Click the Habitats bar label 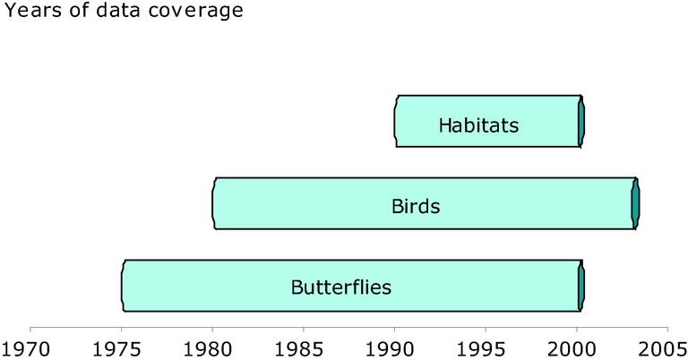coord(478,125)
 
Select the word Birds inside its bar coord(416,206)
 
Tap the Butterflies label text coord(341,287)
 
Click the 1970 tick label coord(26,349)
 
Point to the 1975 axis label coord(117,349)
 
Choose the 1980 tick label coord(208,349)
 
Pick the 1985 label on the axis coord(299,349)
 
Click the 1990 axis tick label coord(390,349)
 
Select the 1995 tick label coord(481,349)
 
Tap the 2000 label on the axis coord(572,349)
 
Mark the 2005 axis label coord(663,349)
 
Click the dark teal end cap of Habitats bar coord(581,121)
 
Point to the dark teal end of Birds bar coord(635,203)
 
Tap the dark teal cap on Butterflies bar coord(581,286)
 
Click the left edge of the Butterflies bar coord(124,286)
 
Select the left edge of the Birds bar coord(214,203)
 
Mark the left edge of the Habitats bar coord(396,121)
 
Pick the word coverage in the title coord(195,11)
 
